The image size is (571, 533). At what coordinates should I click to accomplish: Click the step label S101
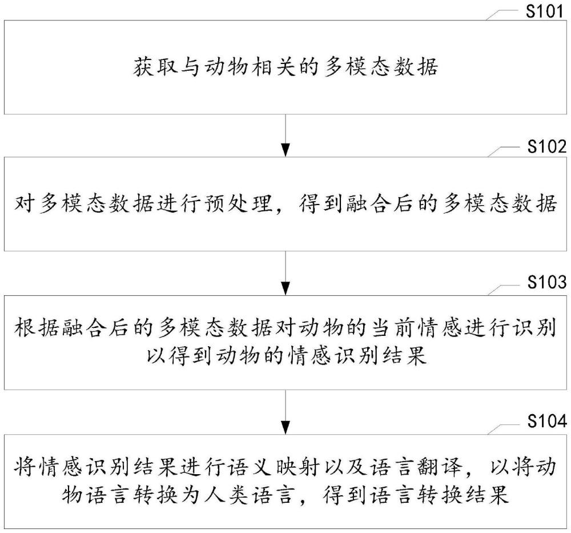click(544, 11)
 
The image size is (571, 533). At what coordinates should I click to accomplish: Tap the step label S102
click(547, 146)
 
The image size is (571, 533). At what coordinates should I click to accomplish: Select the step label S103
click(547, 282)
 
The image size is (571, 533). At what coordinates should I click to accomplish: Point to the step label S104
click(547, 421)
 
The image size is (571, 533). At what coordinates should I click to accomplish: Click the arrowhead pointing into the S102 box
click(285, 150)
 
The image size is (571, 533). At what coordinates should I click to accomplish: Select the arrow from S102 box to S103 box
click(285, 273)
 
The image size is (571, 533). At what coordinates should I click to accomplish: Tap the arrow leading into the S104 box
click(285, 412)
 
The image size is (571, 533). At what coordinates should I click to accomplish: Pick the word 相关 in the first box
click(273, 67)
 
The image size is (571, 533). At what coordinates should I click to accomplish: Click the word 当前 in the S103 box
click(395, 327)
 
